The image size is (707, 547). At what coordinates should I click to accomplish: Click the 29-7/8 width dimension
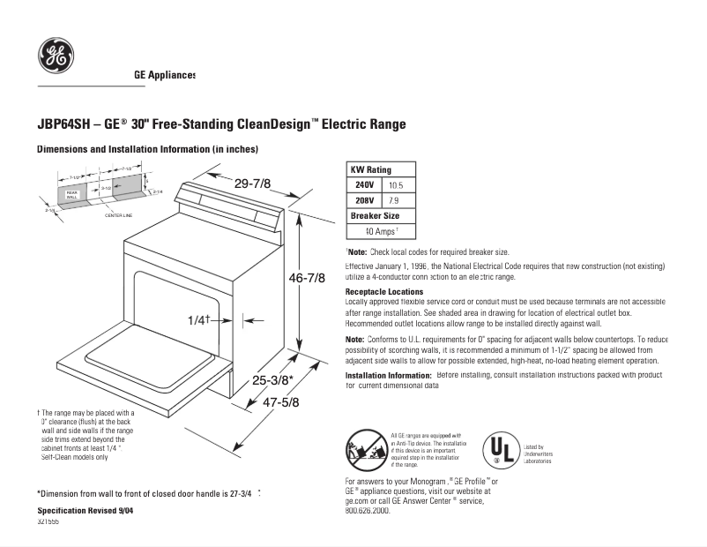coord(252,184)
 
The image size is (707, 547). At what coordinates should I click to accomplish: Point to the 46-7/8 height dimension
coord(307,278)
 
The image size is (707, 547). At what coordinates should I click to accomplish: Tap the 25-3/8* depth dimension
coord(272,380)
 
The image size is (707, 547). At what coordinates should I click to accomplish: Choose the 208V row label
coord(364,200)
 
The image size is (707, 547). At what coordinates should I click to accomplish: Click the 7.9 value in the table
coord(394,200)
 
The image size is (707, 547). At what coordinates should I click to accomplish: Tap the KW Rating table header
coord(370,169)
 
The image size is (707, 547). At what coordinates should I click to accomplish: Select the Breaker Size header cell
coord(375,216)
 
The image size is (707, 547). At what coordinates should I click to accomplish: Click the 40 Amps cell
coord(382,231)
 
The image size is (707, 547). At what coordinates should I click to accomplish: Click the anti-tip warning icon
coord(366,450)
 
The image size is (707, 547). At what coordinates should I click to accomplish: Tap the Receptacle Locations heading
coord(383,291)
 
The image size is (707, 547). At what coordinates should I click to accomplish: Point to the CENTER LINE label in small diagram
coord(118,215)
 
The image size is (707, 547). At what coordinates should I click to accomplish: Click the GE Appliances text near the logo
coord(165,75)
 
